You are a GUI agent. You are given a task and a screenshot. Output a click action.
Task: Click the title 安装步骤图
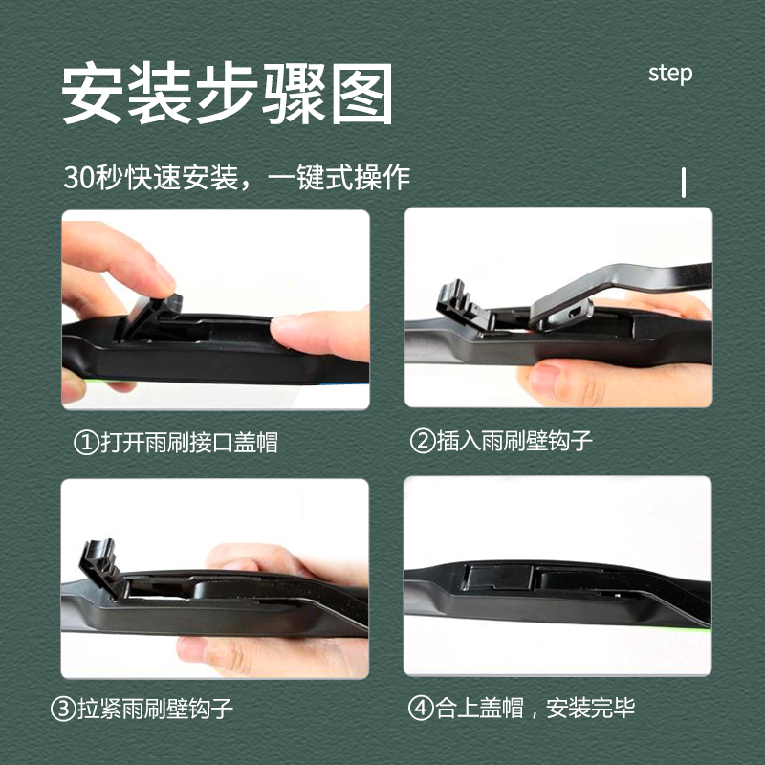click(x=228, y=94)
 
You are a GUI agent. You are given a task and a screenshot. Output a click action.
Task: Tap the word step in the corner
click(x=669, y=74)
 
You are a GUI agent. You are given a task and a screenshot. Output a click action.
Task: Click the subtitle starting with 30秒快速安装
click(x=236, y=178)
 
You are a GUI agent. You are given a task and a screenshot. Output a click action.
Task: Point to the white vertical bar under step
click(x=684, y=182)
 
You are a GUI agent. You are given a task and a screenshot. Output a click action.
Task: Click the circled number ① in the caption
click(x=86, y=442)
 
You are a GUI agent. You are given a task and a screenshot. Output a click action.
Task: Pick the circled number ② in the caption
click(x=422, y=442)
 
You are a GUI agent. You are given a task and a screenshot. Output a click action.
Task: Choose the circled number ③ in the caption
click(x=60, y=710)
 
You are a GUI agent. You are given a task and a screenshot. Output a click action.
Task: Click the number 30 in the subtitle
click(x=76, y=179)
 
